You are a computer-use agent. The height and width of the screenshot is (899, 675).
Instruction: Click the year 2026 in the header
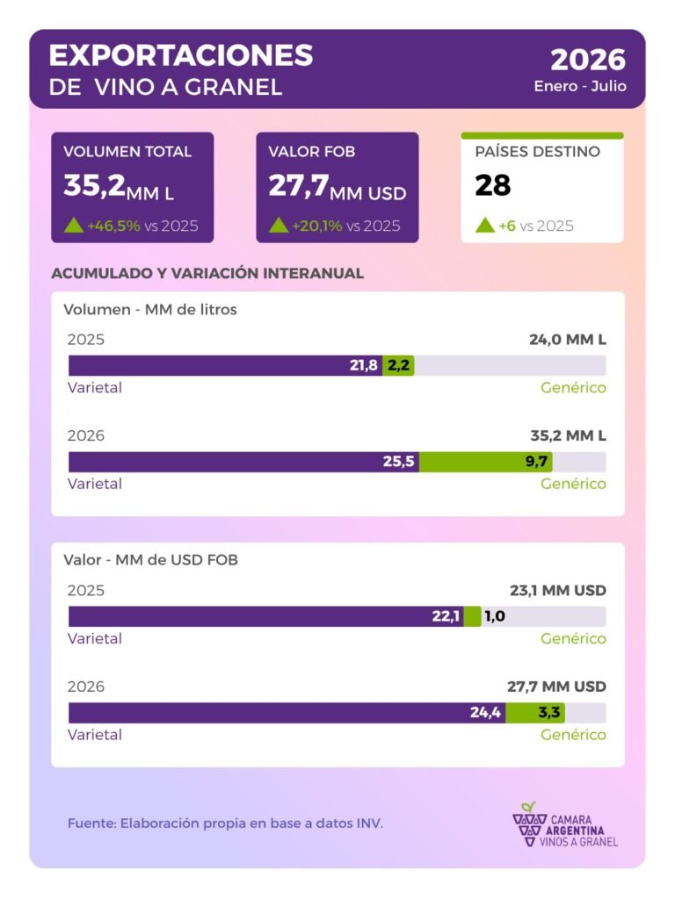point(588,60)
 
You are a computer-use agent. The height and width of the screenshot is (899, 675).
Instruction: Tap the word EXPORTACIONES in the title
point(181,55)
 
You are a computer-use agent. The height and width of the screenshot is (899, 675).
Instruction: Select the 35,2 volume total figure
point(94,185)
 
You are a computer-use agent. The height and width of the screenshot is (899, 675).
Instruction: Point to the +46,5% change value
point(113,226)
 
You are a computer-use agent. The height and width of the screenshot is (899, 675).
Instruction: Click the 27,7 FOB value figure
point(299,186)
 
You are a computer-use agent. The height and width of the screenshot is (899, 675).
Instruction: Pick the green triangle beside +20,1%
point(279,226)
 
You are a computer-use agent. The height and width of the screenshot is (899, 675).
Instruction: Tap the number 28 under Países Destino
point(492,185)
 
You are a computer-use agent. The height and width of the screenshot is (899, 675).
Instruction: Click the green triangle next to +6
point(485,226)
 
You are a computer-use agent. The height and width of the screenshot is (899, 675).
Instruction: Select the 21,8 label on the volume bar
point(364,365)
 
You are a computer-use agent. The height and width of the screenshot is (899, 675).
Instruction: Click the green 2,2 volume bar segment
point(398,365)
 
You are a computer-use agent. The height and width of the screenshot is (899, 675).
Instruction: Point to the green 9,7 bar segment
point(485,462)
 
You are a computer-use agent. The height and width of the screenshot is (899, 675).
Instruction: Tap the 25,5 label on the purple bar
point(398,462)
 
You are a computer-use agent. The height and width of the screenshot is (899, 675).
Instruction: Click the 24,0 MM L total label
point(568,340)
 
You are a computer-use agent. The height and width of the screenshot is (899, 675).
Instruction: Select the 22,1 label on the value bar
point(446,616)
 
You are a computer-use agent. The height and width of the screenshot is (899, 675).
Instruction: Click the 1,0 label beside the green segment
point(495,616)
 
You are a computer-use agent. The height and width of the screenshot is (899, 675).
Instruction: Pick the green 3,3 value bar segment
point(535,713)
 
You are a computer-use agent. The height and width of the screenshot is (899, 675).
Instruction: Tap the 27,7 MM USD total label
point(556,687)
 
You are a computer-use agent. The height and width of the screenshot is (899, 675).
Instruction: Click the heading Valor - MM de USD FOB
point(150,559)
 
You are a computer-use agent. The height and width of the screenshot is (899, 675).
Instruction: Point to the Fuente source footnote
point(225,823)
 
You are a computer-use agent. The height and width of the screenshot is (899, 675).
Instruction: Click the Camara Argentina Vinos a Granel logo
point(565,825)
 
